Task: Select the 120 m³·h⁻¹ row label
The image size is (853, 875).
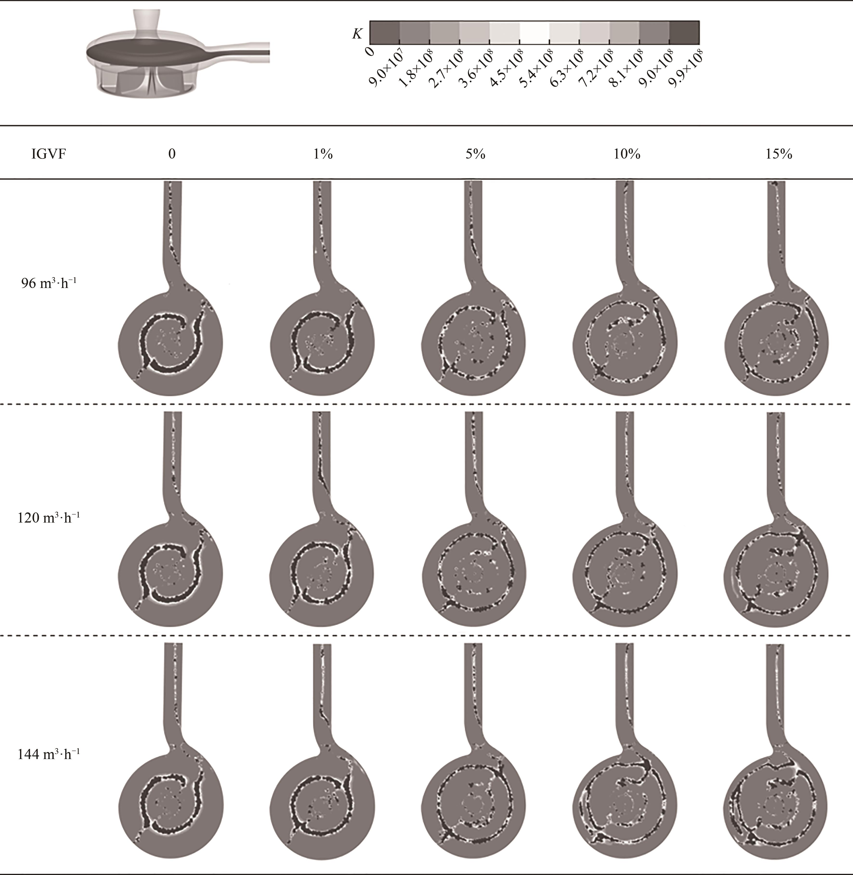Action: point(48,517)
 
